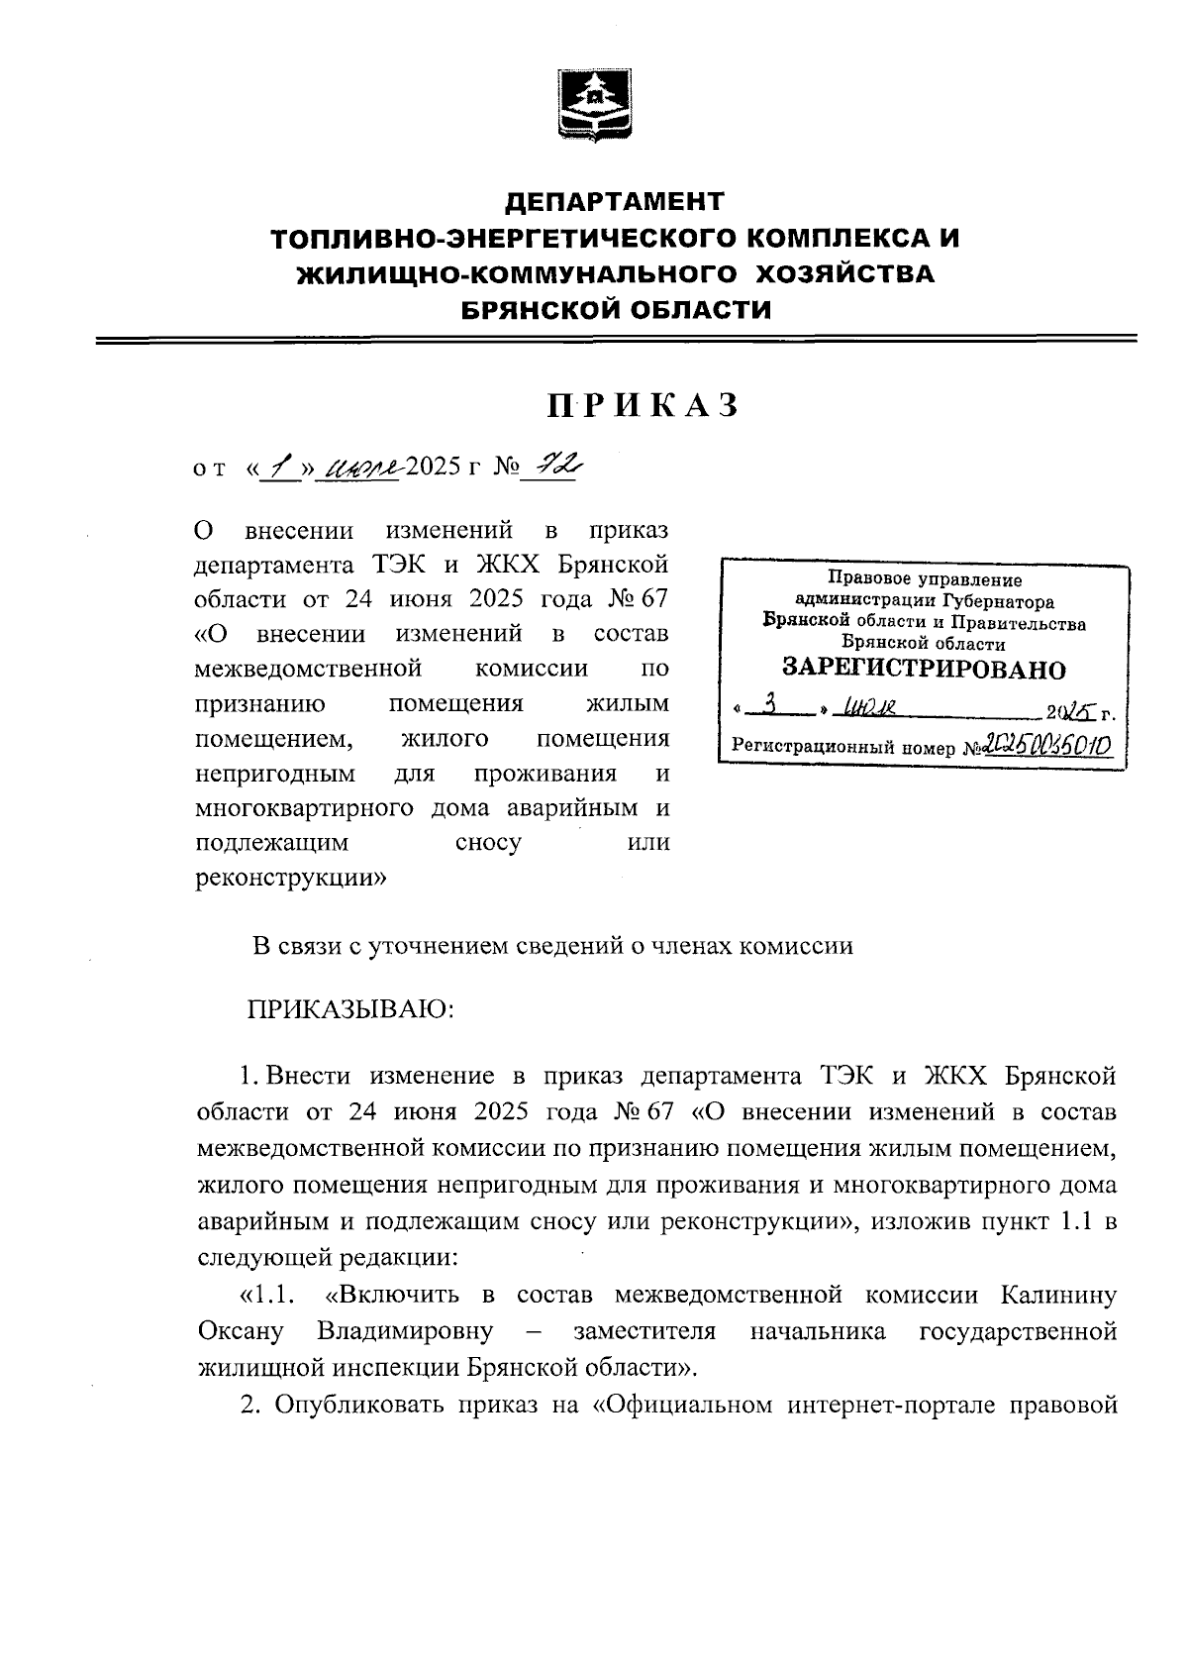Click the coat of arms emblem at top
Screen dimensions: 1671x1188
tap(593, 104)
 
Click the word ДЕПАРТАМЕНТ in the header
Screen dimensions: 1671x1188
tap(615, 202)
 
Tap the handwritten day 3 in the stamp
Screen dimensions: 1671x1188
tap(778, 707)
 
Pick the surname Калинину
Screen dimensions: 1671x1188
tap(1058, 1295)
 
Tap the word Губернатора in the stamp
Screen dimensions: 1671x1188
tap(998, 601)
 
